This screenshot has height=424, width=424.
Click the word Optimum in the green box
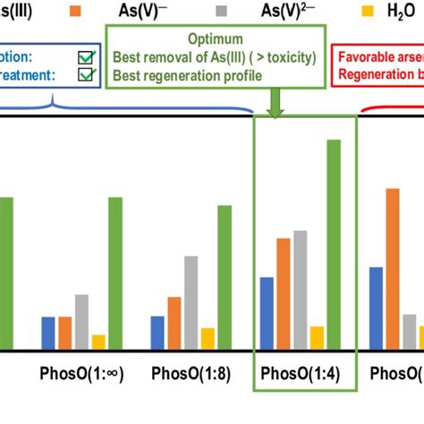point(215,40)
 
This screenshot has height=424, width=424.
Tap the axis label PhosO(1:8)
point(191,373)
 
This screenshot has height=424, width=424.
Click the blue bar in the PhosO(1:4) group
point(267,313)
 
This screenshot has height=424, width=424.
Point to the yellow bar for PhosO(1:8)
point(208,338)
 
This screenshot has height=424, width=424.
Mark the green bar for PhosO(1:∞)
point(115,273)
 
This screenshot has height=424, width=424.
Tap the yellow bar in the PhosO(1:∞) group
point(98,342)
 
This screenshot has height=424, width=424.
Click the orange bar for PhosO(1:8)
point(174,323)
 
